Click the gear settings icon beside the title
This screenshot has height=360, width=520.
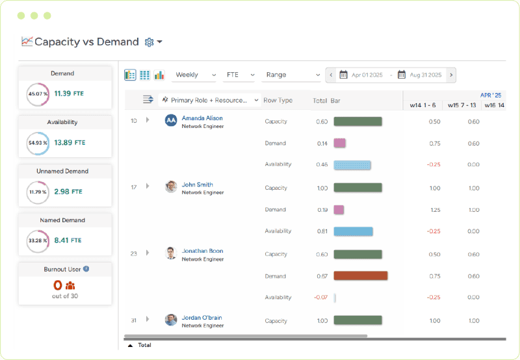tap(149, 42)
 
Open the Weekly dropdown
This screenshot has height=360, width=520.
tap(195, 75)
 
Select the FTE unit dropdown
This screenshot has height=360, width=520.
tap(240, 75)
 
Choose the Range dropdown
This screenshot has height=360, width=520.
tap(292, 75)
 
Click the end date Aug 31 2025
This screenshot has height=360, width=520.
tap(425, 75)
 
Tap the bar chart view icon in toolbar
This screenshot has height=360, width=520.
tap(159, 75)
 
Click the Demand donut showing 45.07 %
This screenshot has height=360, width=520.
tap(38, 94)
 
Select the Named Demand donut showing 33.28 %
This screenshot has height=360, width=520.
tap(38, 240)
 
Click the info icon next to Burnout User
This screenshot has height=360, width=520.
tap(86, 268)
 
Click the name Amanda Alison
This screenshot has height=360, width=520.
tap(202, 118)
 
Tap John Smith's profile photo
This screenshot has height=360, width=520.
tap(171, 187)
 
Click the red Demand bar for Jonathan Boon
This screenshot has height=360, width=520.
tap(360, 276)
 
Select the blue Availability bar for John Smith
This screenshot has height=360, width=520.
tap(353, 231)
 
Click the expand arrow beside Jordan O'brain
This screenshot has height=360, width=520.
tap(148, 319)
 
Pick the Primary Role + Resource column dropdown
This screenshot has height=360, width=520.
tap(209, 100)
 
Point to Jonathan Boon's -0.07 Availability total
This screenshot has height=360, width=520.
tap(320, 298)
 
